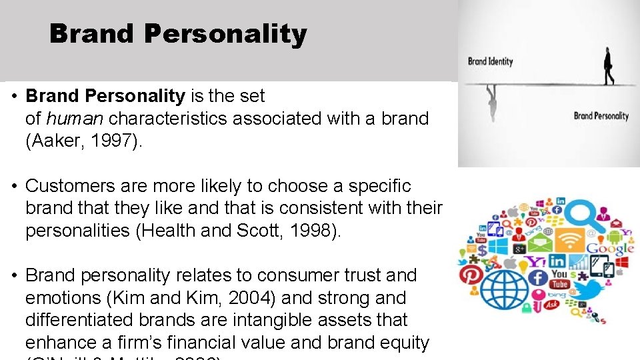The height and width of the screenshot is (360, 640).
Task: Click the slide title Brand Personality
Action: point(178,34)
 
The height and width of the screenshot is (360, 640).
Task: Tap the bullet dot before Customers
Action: point(14,186)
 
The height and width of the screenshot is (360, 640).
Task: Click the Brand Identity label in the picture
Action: point(490,61)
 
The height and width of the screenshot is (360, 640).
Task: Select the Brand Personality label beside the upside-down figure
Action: point(601,116)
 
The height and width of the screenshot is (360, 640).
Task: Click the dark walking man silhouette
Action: point(608,66)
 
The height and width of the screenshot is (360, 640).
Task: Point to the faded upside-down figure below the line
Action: point(492,103)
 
